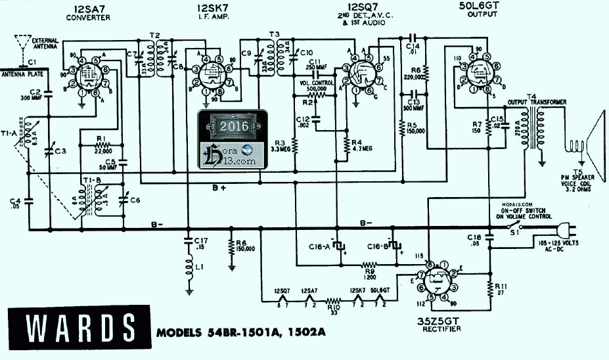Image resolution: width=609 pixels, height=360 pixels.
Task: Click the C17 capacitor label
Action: pos(200,242)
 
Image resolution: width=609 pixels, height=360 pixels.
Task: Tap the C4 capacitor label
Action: pos(14,202)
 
